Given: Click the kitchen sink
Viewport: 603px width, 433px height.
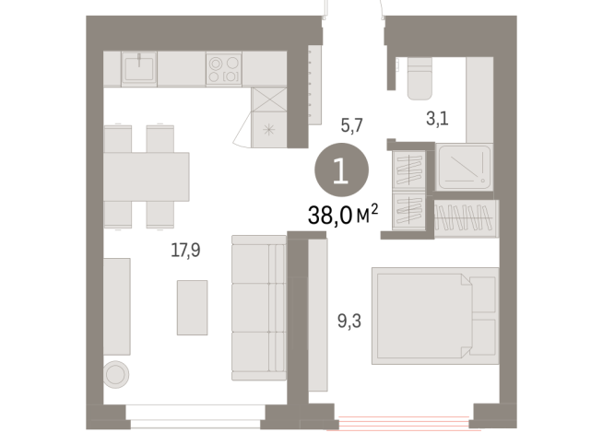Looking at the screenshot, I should click(x=139, y=68).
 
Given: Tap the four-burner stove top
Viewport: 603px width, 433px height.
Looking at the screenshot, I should click(x=223, y=68).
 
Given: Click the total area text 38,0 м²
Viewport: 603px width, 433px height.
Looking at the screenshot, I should click(x=345, y=217).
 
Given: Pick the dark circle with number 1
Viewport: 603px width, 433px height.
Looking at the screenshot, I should click(x=341, y=172).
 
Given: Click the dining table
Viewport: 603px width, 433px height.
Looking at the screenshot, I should click(x=147, y=176).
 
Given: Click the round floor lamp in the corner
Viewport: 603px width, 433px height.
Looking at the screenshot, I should click(x=117, y=374).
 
